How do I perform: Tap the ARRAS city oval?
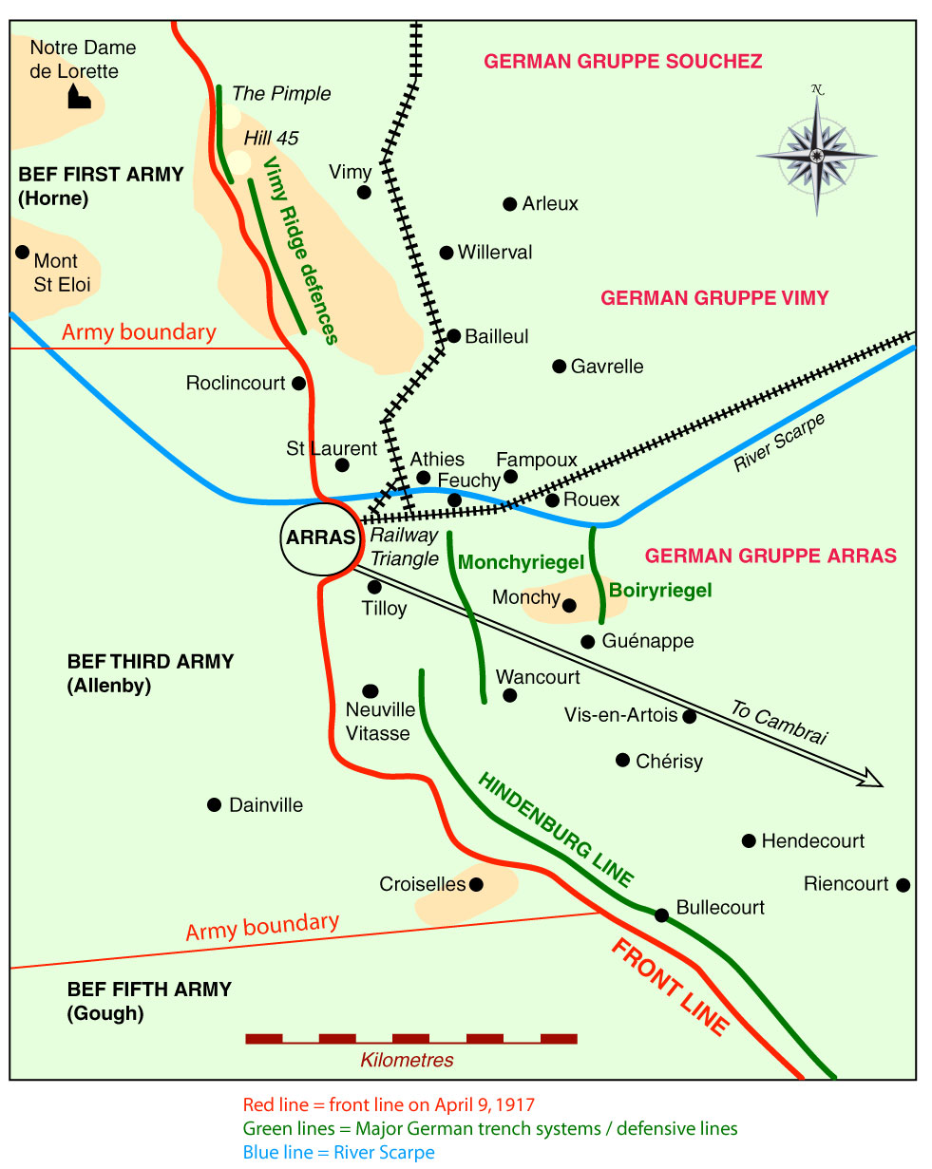[320, 537]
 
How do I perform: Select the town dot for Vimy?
[364, 193]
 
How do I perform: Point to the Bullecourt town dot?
[661, 914]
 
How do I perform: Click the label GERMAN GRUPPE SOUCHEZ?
[622, 62]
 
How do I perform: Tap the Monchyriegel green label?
[521, 562]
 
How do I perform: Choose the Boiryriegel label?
[660, 591]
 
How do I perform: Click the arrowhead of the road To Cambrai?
[869, 780]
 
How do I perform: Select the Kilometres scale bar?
[410, 1038]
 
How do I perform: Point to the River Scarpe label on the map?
[780, 443]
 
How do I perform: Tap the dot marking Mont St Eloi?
[22, 253]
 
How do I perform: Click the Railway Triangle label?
[404, 547]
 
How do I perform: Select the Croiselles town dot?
[477, 884]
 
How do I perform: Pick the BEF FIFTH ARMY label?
[149, 990]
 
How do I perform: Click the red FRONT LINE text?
[670, 988]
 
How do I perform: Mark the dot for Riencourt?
[903, 885]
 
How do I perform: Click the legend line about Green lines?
[490, 1129]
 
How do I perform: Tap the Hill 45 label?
[271, 139]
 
